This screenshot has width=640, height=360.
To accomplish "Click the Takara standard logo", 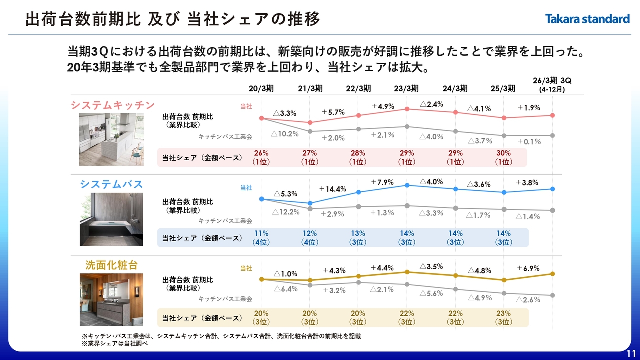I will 587,19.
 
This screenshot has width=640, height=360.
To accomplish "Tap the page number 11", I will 630,353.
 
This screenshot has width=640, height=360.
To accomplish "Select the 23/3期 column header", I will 406,88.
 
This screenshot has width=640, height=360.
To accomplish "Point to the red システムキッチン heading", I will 113,105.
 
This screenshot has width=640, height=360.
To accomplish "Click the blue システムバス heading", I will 111,184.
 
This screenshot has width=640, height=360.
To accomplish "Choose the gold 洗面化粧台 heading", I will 111,265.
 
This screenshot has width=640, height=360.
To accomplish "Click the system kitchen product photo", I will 111,139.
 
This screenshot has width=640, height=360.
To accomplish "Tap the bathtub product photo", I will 111,219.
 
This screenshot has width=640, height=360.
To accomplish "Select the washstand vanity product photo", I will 111,300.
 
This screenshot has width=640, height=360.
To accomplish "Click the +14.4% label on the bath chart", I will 333,189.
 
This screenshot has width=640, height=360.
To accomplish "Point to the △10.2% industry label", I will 285,134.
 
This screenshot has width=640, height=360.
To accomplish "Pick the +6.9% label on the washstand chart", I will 528,268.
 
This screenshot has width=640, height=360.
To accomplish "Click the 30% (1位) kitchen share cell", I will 504,157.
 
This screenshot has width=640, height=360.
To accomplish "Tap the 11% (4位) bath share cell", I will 261,238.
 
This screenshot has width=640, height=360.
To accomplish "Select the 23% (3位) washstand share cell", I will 504,318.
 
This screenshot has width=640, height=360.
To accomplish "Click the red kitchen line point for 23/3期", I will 407,109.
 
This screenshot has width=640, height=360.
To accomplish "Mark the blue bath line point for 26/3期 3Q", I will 552,189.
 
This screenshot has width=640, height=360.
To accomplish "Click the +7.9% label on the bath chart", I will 383,182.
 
